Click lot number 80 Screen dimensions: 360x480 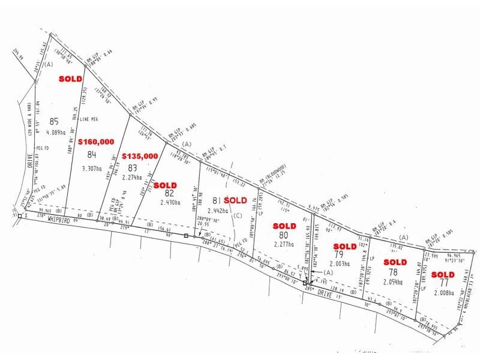point(284,235)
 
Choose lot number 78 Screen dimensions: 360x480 point(394,272)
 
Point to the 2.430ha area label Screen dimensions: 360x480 point(170,203)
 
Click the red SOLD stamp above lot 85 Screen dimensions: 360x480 point(70,79)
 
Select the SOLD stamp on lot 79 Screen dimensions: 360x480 point(344,247)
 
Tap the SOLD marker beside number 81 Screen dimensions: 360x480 point(235,200)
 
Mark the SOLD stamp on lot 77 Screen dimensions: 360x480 point(443,275)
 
